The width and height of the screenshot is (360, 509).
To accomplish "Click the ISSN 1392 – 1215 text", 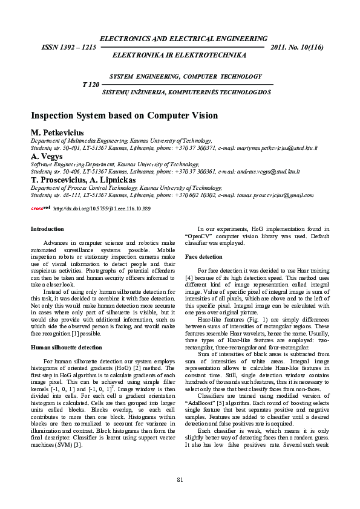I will point(68,47).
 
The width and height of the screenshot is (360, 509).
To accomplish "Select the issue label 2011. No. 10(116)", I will point(298,47).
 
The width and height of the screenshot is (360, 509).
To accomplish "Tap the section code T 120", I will point(90,85).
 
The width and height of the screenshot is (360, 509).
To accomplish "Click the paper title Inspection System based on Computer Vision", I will point(124,115).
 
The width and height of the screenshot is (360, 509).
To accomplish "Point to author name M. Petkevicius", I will point(57,132).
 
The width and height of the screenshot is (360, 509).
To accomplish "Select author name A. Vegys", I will point(47,156).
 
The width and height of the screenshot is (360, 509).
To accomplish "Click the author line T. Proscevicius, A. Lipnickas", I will point(83,180).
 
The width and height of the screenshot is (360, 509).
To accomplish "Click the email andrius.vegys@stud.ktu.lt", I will point(260,172).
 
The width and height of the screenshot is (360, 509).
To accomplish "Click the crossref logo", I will point(41,208).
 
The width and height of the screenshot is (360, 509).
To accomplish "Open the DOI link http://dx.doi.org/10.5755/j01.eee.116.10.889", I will point(102,209).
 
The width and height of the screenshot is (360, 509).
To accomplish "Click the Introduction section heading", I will point(47,229).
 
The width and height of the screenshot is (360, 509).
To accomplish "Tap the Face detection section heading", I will point(203,257).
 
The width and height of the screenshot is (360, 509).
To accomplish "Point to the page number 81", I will point(180,480).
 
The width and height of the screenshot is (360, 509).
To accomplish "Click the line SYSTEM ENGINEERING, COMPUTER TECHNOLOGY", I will point(186,77).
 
